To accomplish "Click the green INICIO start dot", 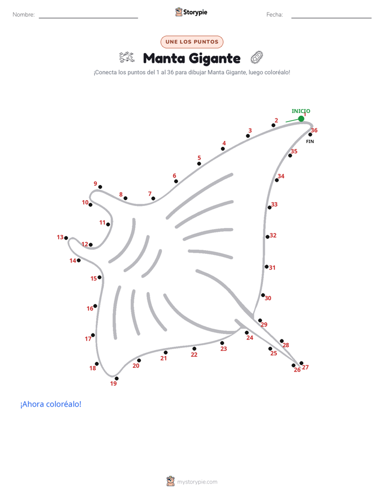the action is [x=301, y=118].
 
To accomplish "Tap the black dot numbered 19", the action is [x=117, y=379].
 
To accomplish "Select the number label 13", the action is [x=60, y=237].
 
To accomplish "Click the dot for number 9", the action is [x=100, y=187].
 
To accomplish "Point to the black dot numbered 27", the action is [x=301, y=363].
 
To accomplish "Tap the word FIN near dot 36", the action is [x=310, y=141].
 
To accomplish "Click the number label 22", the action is [x=194, y=354].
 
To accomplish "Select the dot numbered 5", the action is [x=199, y=164].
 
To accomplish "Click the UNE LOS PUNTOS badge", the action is [x=192, y=42].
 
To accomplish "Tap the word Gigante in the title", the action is [x=215, y=59].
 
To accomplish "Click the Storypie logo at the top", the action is [x=191, y=12].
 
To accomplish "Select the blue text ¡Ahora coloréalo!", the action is [x=51, y=404].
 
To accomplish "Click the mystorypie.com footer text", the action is [x=197, y=482].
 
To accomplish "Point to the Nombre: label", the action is [x=24, y=15].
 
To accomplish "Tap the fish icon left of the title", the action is [x=127, y=57].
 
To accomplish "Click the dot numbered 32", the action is [x=268, y=237].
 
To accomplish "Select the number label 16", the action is [x=90, y=308].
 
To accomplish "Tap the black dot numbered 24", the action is [x=247, y=332].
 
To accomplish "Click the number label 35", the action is [x=294, y=151].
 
